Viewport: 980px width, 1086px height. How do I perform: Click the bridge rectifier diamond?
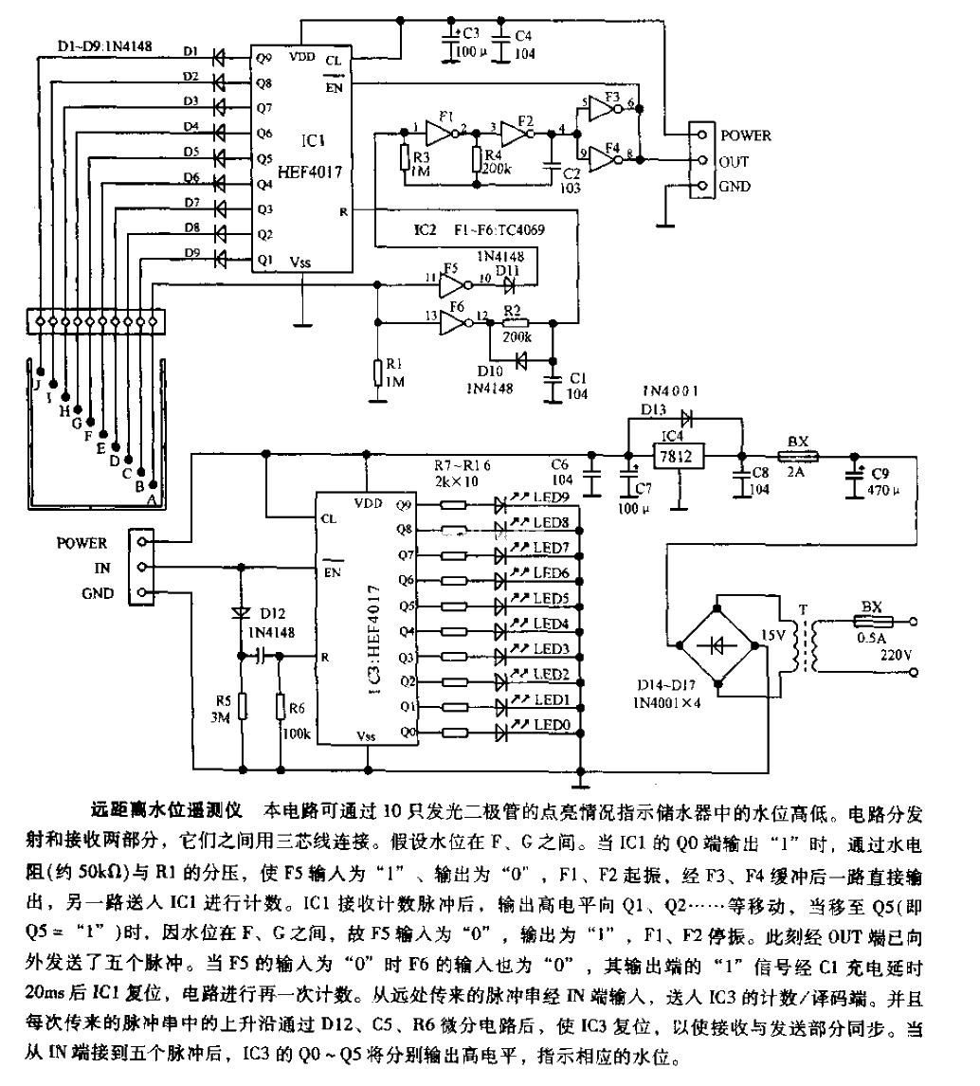(717, 644)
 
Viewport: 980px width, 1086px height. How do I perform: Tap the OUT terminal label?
(735, 161)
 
